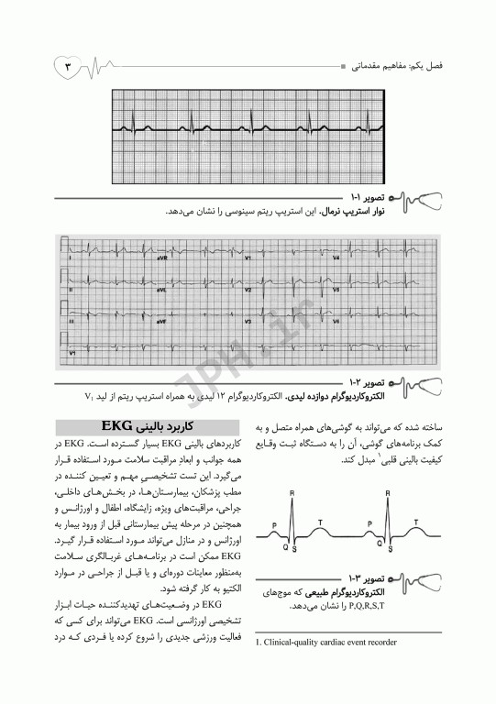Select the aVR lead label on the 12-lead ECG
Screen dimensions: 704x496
(161, 259)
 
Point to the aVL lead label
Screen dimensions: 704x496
(161, 291)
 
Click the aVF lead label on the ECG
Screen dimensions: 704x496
(161, 322)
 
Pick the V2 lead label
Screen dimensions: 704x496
(248, 291)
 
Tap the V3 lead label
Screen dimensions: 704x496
(248, 322)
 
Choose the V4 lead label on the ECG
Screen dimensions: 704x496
(336, 259)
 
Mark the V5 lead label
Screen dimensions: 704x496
(336, 291)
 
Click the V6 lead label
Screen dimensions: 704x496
(336, 322)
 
